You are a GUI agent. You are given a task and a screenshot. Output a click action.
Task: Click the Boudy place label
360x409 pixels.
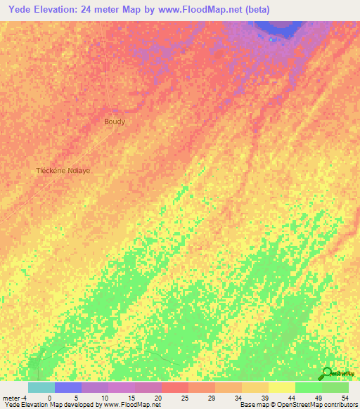coord(115,122)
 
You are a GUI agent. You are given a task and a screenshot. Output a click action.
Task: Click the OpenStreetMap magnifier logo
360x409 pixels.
coord(328,373)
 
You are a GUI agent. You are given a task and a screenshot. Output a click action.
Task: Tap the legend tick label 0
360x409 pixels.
coord(49,398)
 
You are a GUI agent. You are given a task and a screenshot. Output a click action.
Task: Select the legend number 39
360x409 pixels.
coord(255,398)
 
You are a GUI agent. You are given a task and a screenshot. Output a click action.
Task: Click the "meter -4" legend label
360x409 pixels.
coord(14,398)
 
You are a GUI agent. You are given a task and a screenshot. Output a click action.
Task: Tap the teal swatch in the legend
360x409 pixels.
coord(41,387)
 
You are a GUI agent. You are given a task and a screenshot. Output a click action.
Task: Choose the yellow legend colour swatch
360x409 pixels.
coord(281,387)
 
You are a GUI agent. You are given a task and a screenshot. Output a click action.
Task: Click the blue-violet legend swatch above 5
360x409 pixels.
coord(67,387)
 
